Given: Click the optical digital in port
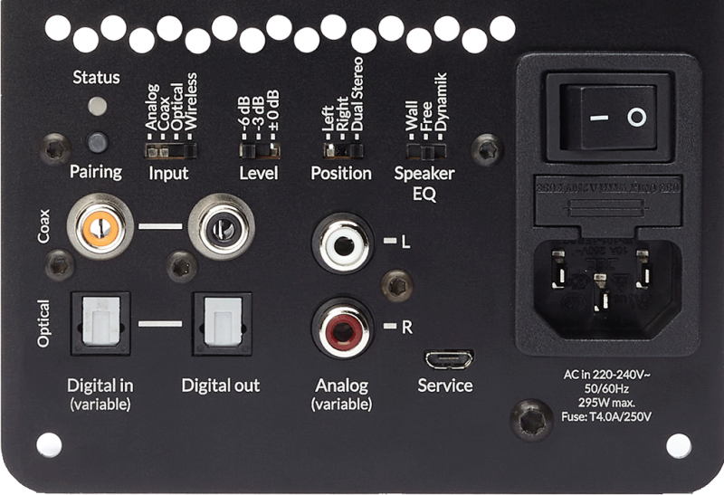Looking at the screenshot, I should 100,322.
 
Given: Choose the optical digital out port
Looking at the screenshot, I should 216,322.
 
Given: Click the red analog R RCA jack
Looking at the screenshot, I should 342,328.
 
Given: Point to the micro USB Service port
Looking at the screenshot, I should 449,359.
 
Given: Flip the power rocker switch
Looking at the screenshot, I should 609,118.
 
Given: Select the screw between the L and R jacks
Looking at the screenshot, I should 395,285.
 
